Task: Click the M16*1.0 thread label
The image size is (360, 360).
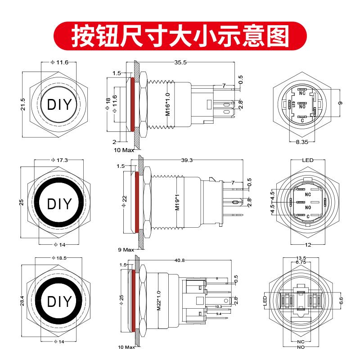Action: click(167, 105)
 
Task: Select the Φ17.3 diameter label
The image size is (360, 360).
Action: click(58, 160)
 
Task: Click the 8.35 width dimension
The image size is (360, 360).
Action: click(301, 142)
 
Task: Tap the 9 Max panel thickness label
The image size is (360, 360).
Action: click(126, 249)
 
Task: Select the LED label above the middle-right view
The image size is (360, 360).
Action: click(308, 160)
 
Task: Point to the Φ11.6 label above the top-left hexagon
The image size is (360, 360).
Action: click(59, 63)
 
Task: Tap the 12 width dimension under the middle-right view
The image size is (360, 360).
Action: click(307, 245)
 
